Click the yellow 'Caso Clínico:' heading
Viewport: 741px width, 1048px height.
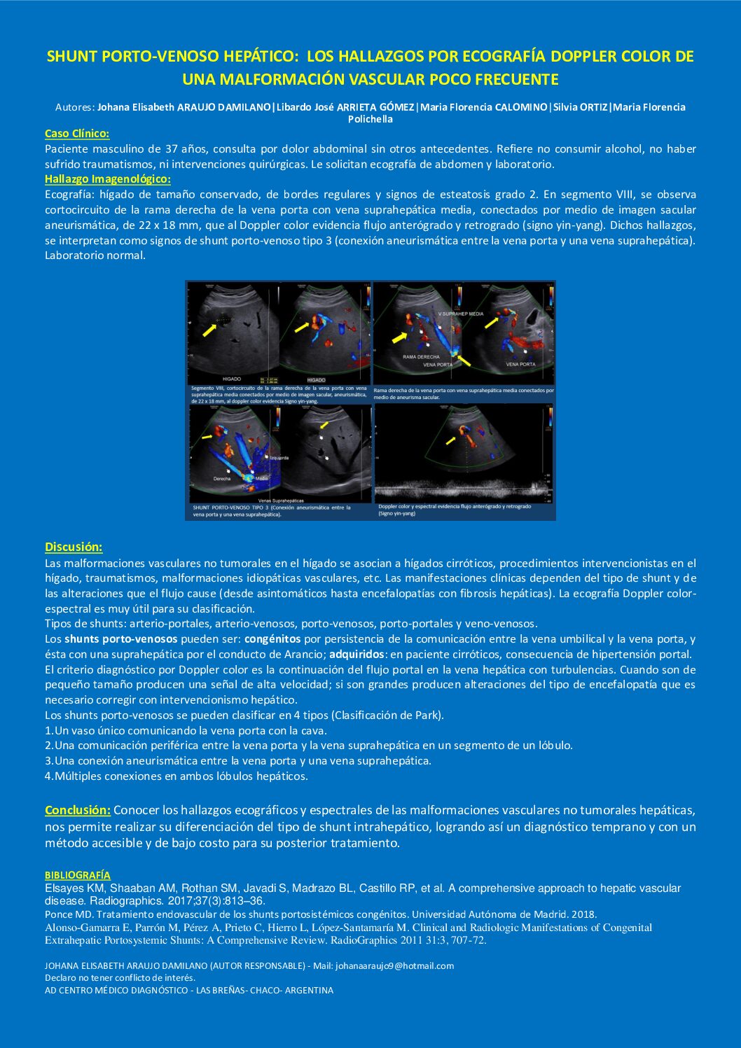(77, 134)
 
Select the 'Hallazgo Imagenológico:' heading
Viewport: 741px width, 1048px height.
(108, 179)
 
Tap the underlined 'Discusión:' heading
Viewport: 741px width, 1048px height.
(74, 547)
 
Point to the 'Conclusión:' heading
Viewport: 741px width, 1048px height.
(78, 811)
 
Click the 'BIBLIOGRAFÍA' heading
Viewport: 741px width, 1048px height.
(78, 875)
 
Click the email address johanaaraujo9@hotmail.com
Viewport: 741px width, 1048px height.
(394, 966)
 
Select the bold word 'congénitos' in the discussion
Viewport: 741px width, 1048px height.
(272, 639)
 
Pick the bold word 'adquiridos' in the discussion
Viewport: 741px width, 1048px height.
(356, 655)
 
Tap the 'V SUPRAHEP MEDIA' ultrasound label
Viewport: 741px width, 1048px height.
(460, 314)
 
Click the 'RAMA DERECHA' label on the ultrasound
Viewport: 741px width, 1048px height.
(422, 357)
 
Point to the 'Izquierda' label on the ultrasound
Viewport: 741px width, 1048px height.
(278, 458)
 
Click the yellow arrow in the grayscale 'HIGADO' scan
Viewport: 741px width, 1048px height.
(209, 330)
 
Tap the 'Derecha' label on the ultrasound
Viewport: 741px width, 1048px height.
(221, 479)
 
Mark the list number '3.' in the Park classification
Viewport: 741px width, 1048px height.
(49, 761)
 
